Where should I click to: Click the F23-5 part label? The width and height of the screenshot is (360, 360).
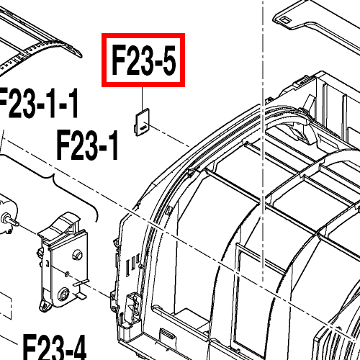(143, 60)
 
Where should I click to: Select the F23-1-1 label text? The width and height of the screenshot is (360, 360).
(38, 103)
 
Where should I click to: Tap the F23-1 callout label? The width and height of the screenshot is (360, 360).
(88, 145)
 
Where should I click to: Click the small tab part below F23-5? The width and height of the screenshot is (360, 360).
(142, 122)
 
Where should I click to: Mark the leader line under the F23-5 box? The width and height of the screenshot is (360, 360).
(142, 99)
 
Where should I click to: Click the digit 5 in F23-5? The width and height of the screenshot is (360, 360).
(169, 60)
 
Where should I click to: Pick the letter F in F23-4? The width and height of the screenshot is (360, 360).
(30, 347)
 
